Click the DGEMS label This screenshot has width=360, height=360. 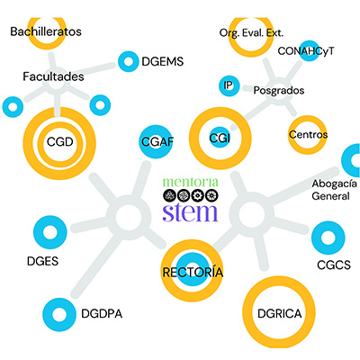pos(162,62)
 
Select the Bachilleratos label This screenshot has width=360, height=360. pos(46,31)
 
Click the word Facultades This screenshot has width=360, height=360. pos(53,76)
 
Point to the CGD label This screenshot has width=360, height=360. pos(60,142)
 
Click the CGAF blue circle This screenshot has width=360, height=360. pos(156,141)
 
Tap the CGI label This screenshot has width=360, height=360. pos(220,139)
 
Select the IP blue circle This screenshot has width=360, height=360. pos(229,85)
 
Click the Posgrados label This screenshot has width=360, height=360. pos(279,90)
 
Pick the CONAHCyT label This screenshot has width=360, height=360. pos(306,51)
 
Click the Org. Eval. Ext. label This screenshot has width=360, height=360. pos(251,33)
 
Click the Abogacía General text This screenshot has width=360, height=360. pos(335,190)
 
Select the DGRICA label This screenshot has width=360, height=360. pos(280,314)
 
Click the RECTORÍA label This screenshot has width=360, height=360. pos(193,273)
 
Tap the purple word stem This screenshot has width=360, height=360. pos(190,212)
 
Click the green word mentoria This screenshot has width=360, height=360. pos(191,182)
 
